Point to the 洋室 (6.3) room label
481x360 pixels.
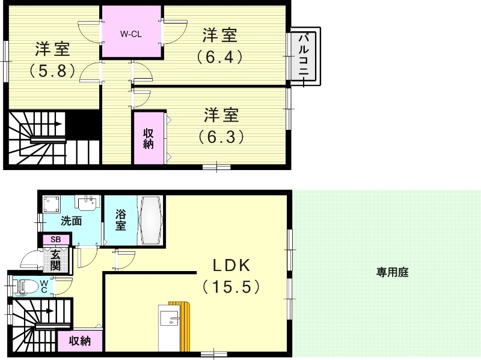coord(221,125)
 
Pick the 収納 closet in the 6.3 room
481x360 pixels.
coord(149,139)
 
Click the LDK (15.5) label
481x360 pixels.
coord(231,276)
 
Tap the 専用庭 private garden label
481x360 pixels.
coord(393,272)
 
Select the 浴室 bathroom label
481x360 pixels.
coord(120,220)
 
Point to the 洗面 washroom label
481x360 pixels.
coord(71,221)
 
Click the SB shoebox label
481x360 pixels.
coord(55,239)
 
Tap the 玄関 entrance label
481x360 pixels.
coord(55,260)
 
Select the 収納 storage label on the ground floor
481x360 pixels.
coord(79,341)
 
